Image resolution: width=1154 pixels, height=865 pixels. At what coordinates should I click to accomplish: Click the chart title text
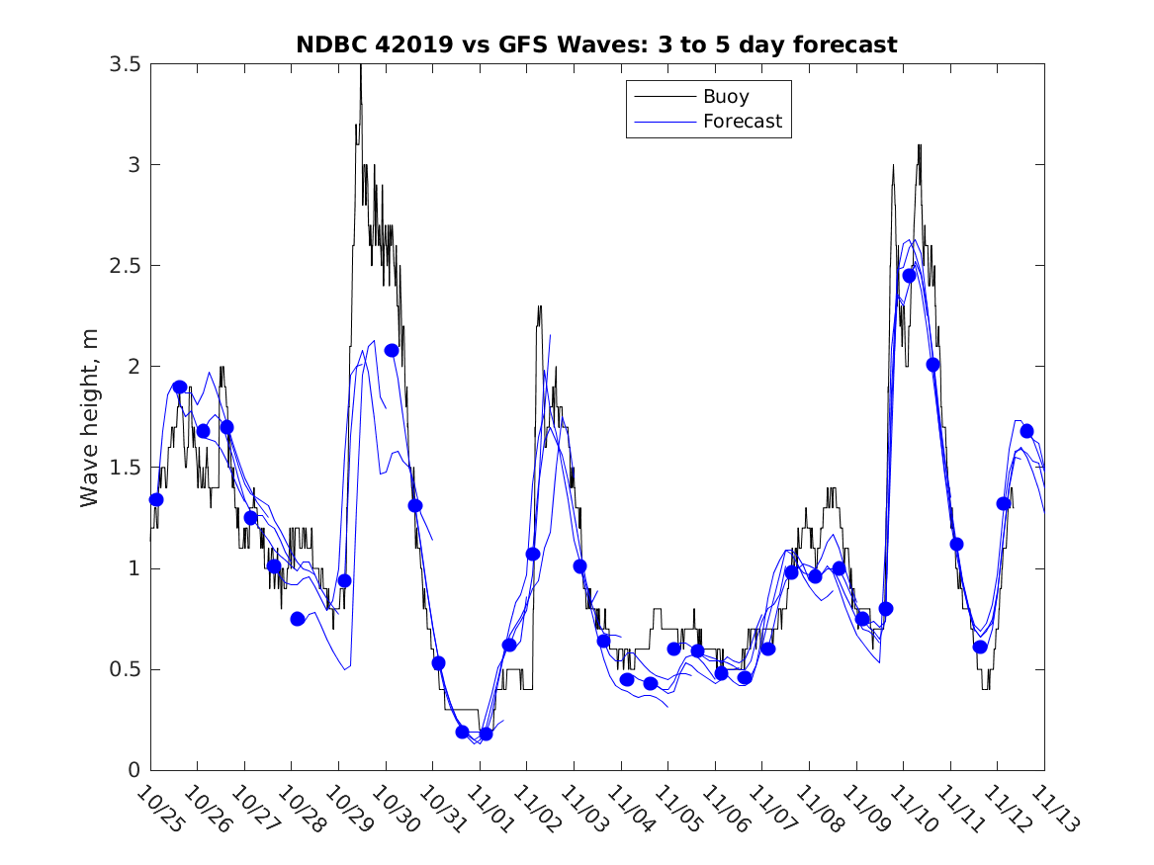[x=596, y=44]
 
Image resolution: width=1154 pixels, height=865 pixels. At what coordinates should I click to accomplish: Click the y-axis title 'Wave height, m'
[x=90, y=417]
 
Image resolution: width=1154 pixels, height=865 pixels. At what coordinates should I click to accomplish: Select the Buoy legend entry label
[x=726, y=97]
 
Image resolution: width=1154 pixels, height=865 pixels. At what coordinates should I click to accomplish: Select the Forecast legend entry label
[x=742, y=122]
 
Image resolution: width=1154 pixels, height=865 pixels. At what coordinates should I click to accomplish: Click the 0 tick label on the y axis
[x=133, y=770]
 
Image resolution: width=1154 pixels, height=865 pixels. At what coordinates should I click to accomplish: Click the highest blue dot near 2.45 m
[x=909, y=276]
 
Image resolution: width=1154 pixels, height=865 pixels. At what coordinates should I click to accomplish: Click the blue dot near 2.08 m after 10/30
[x=392, y=350]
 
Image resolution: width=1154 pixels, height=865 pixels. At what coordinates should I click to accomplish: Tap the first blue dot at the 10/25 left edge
[x=155, y=499]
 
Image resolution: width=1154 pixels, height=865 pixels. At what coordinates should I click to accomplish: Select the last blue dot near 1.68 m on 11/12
[x=1026, y=431]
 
